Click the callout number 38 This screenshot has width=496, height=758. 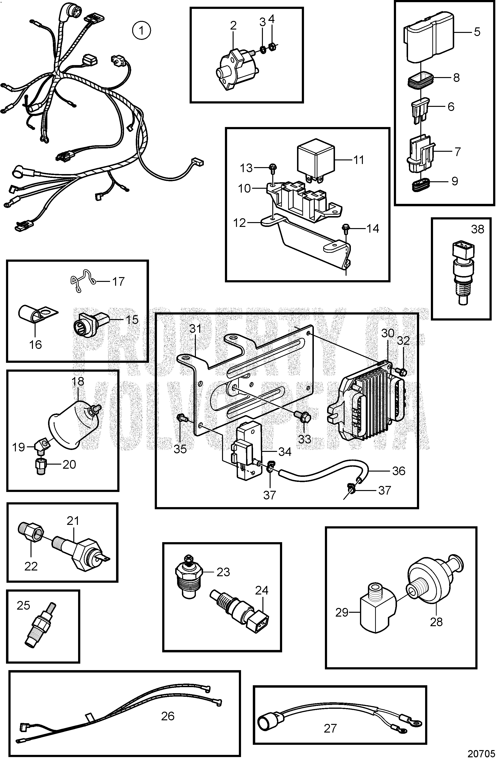pyautogui.click(x=477, y=229)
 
